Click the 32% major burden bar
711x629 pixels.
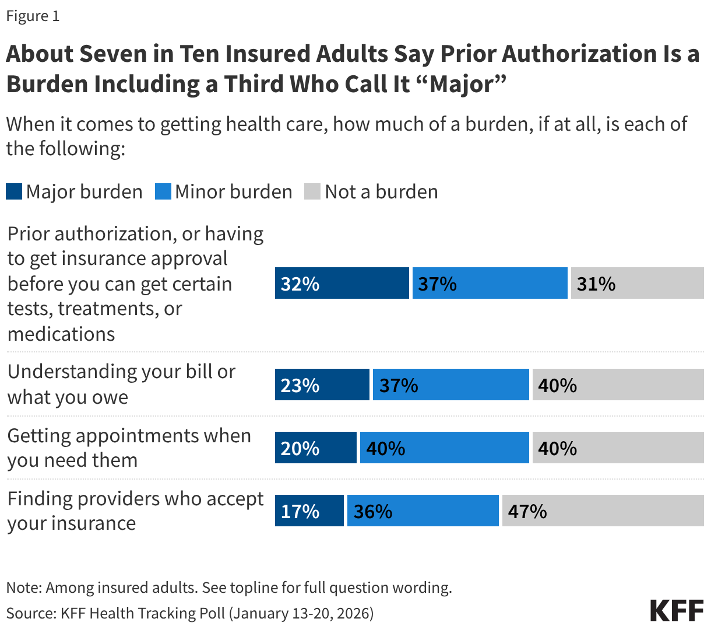point(342,284)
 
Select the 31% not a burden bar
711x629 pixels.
point(637,284)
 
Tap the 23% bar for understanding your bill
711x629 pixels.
point(322,385)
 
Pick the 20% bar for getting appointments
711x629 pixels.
point(316,448)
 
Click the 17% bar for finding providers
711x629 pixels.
point(309,511)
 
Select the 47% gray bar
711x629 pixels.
point(603,511)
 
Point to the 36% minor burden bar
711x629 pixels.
point(423,511)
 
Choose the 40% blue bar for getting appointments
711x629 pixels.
point(445,448)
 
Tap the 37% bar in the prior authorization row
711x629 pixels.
point(490,284)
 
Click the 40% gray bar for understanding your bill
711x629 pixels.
point(618,385)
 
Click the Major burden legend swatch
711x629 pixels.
point(14,192)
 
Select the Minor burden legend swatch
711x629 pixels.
point(163,192)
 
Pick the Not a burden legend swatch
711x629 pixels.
point(312,192)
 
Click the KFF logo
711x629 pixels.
point(677,610)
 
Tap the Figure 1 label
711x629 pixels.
point(33,16)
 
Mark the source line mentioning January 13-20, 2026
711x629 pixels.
point(190,613)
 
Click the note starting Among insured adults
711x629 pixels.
point(229,588)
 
